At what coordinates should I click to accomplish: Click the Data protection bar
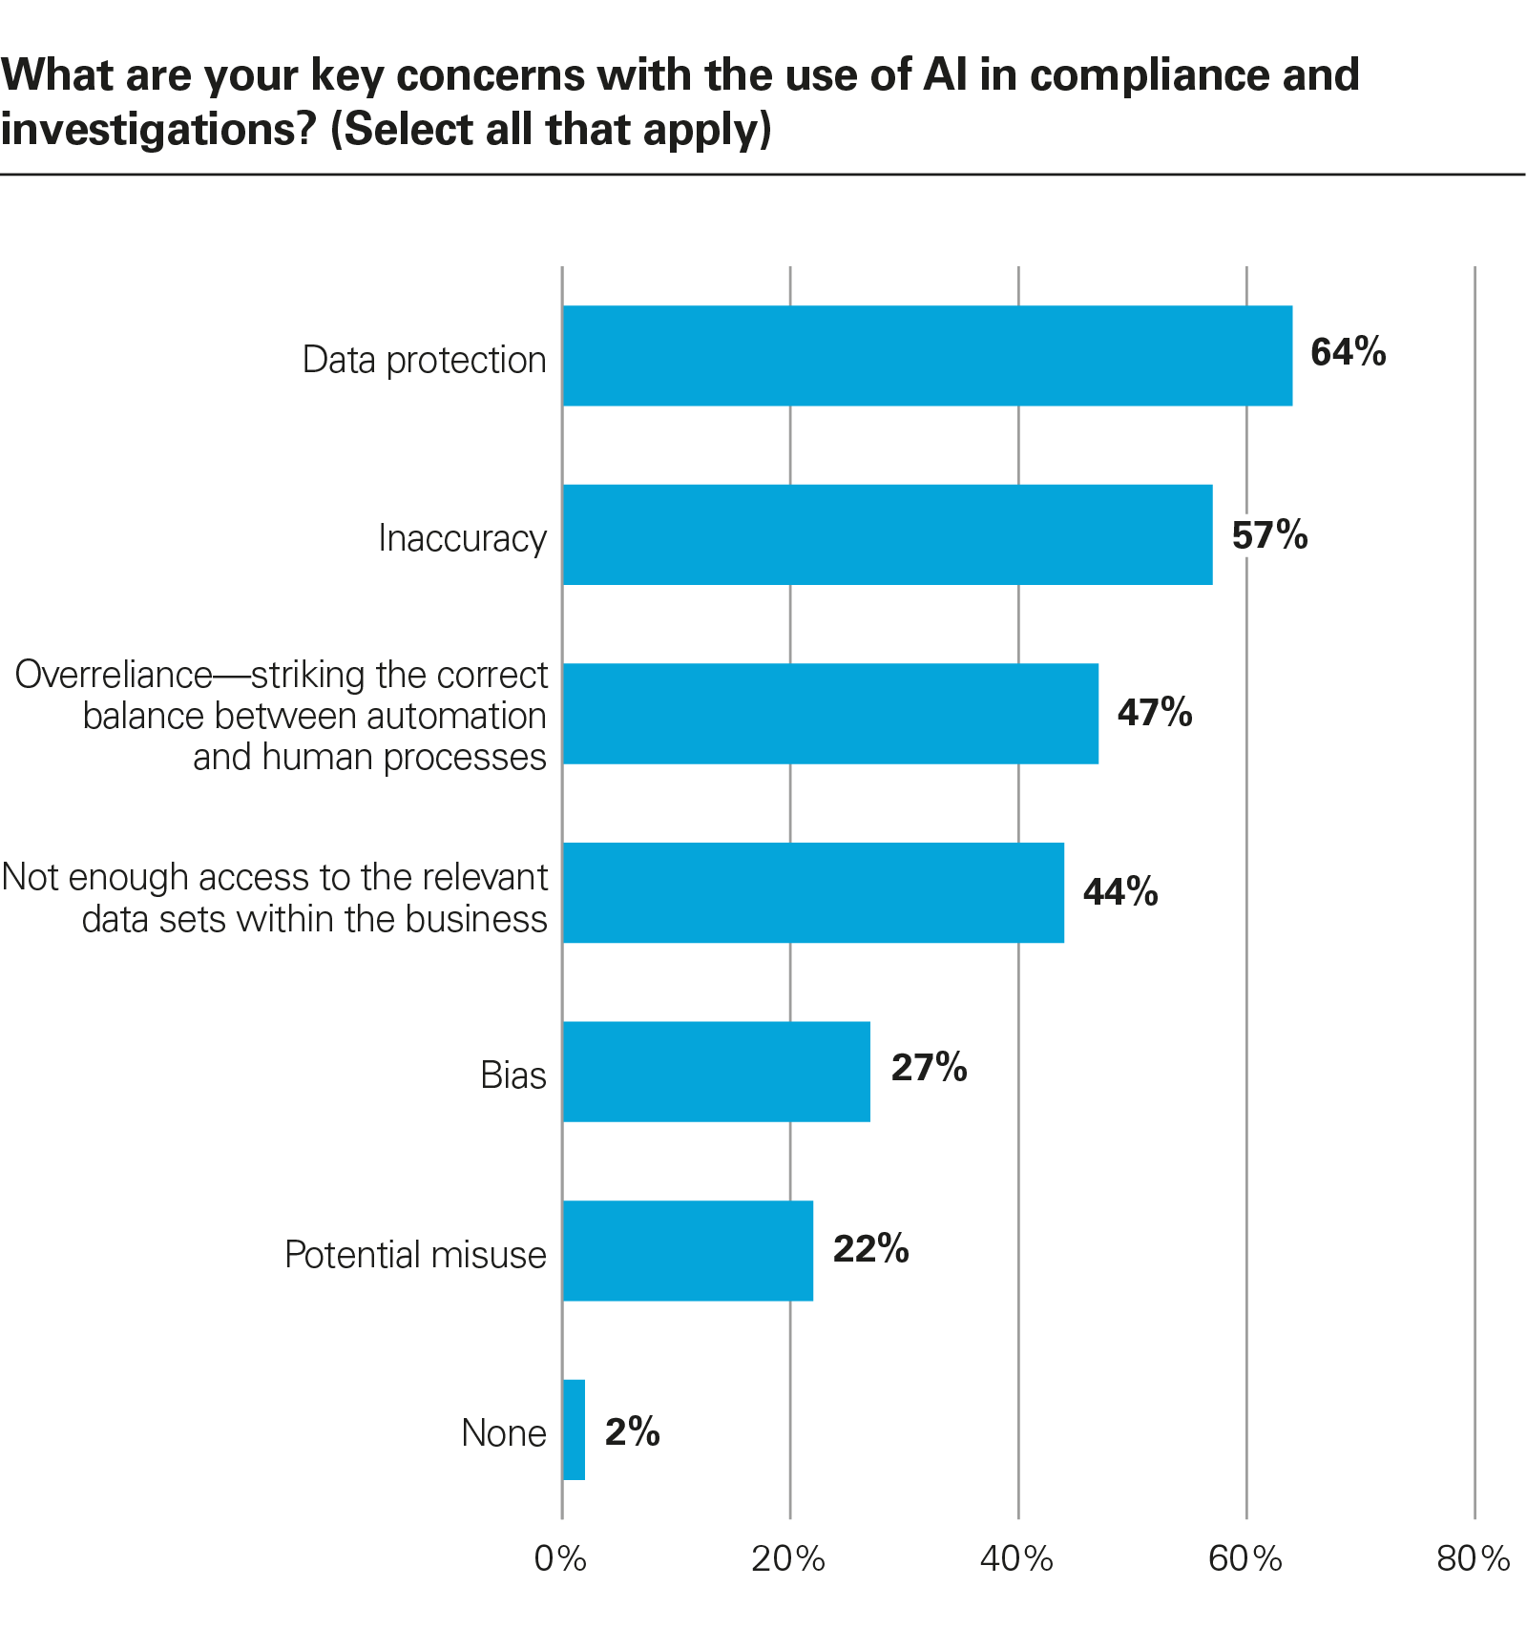pos(927,356)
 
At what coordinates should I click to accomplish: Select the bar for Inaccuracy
pos(887,534)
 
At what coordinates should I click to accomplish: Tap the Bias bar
pos(716,1072)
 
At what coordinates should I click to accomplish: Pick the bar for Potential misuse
pos(687,1250)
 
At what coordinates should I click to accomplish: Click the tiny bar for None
pos(574,1430)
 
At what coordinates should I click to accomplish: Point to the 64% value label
pos(1348,353)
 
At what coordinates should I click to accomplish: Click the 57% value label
pos(1269,535)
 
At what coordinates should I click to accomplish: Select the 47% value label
pos(1155,713)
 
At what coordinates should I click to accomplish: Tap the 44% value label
pos(1120,892)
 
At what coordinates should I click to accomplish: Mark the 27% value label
pos(929,1068)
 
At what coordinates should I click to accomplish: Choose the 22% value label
pos(870,1249)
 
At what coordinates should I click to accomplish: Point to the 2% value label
pos(632,1431)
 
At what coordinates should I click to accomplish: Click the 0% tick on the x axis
pos(560,1559)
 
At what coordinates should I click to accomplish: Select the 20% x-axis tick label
pos(788,1559)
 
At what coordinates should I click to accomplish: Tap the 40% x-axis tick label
pos(1016,1559)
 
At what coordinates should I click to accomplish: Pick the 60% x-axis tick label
pos(1245,1559)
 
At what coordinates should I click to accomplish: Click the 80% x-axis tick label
pos(1473,1559)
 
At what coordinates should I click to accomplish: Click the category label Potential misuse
pos(415,1255)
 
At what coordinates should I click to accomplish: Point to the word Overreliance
pos(114,675)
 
